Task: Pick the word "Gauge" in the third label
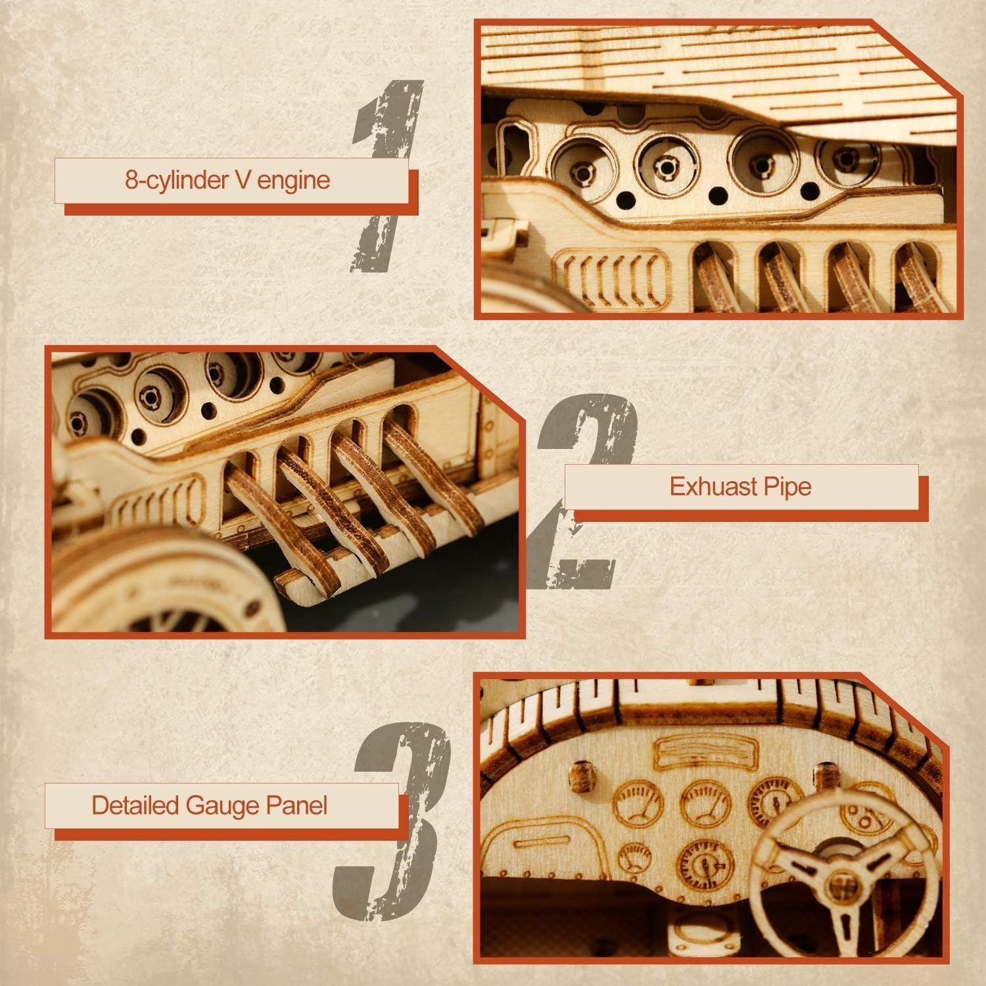coord(222,805)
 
